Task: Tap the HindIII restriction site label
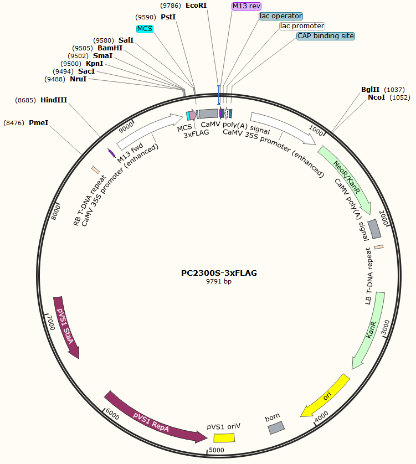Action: [x=54, y=100]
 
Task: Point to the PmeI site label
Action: [x=38, y=122]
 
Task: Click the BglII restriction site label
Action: [x=370, y=89]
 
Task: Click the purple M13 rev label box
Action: [x=246, y=6]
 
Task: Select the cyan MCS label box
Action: [x=144, y=28]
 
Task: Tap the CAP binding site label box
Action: [x=325, y=36]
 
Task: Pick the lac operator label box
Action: [x=281, y=16]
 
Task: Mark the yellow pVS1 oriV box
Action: [x=224, y=438]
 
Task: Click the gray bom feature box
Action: [x=276, y=427]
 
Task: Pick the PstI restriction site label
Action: [x=168, y=17]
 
